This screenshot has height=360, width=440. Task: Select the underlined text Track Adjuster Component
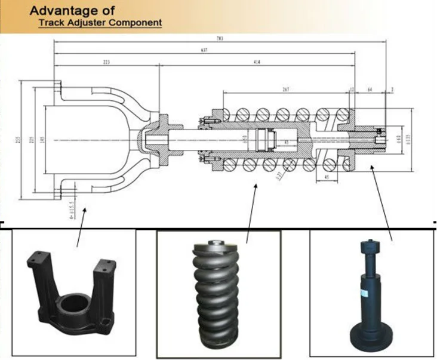tap(100, 23)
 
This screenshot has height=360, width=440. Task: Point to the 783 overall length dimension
tap(221, 38)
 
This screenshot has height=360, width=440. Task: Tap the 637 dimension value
tap(205, 50)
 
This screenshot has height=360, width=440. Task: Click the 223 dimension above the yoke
tap(107, 62)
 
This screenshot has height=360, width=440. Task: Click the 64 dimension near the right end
tap(370, 89)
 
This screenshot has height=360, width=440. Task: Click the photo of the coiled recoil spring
tap(218, 293)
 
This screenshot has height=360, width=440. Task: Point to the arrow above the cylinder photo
tap(382, 203)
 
